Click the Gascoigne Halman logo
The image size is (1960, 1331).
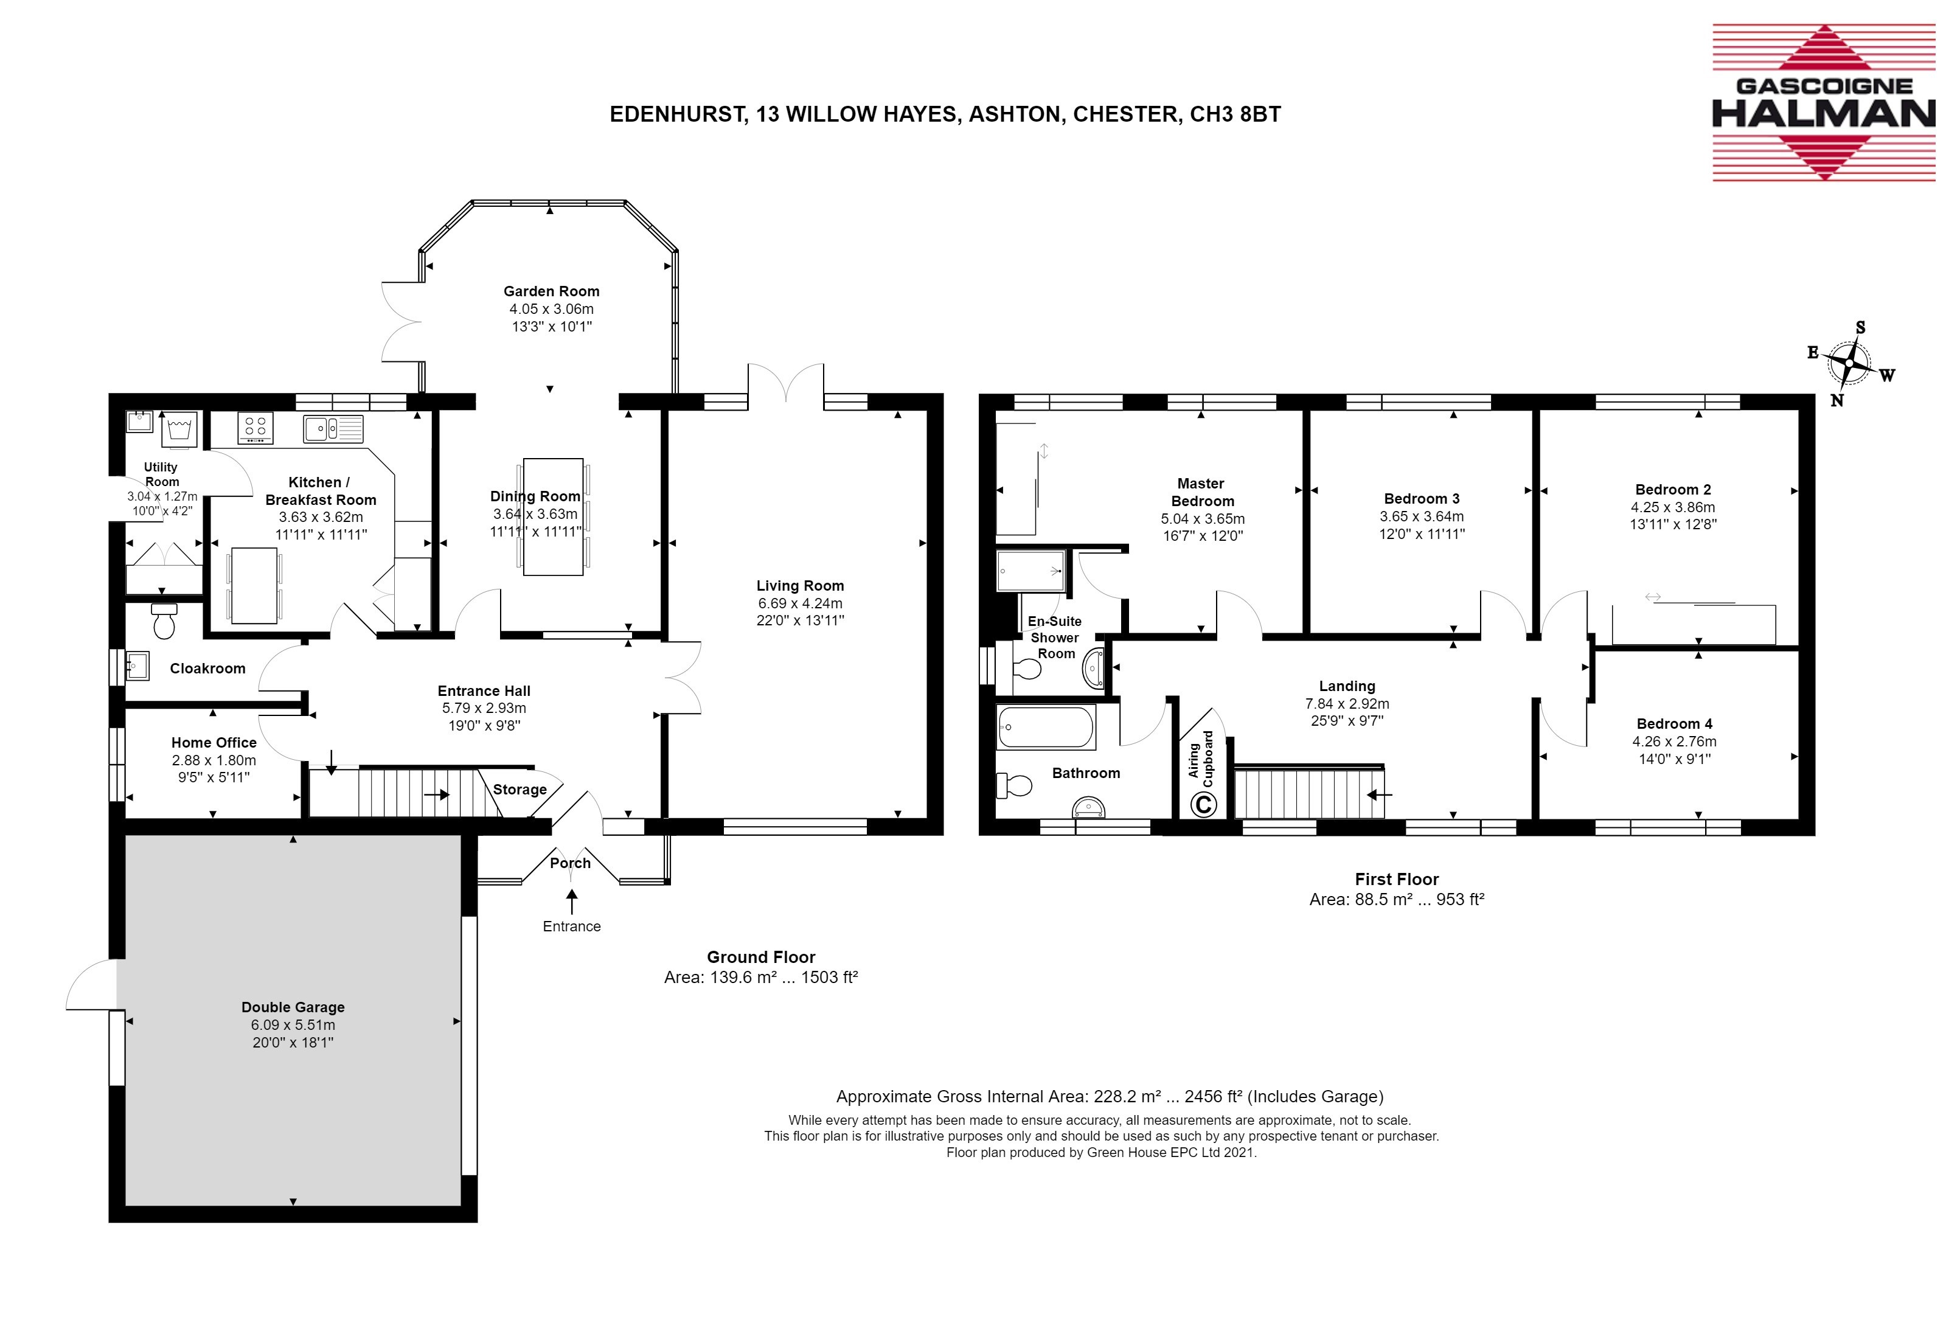click(1823, 103)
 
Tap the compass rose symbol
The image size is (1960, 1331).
click(1849, 364)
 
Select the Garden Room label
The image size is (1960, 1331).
click(552, 291)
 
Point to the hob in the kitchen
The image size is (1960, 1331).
click(255, 428)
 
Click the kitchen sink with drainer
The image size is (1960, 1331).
click(333, 428)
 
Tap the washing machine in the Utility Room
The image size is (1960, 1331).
click(179, 429)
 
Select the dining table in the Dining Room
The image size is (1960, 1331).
click(553, 516)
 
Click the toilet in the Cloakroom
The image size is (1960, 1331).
click(164, 621)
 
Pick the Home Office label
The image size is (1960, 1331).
click(214, 742)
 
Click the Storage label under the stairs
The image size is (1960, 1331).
click(520, 790)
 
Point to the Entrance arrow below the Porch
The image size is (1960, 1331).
click(572, 902)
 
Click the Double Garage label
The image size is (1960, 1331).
click(293, 1007)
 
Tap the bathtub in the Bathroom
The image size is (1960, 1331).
click(1046, 727)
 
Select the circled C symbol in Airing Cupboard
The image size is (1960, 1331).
click(1203, 805)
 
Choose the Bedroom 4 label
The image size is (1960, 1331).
click(1674, 724)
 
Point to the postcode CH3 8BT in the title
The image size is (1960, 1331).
click(1235, 114)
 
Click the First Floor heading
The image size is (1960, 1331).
click(1397, 879)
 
